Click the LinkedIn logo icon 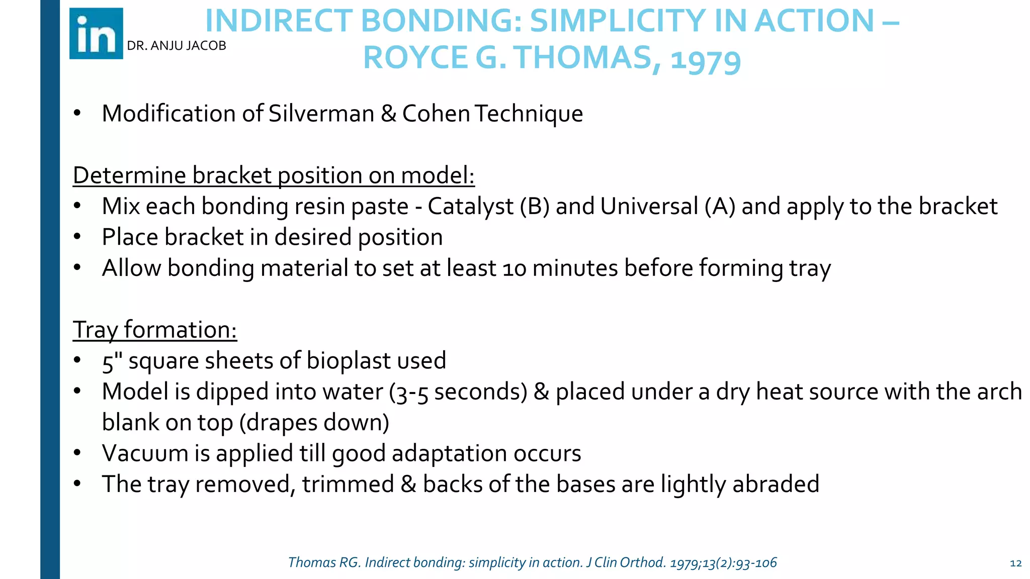(x=96, y=34)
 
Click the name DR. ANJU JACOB (x=177, y=46)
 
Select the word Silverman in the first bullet (x=321, y=114)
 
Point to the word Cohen (x=436, y=114)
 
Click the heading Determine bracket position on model (x=274, y=175)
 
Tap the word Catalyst (x=470, y=207)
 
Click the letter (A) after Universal (x=720, y=207)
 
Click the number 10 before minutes (x=514, y=268)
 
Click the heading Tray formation (x=155, y=330)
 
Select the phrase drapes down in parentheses (x=314, y=423)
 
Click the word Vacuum (x=145, y=453)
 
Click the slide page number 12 (x=1015, y=563)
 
